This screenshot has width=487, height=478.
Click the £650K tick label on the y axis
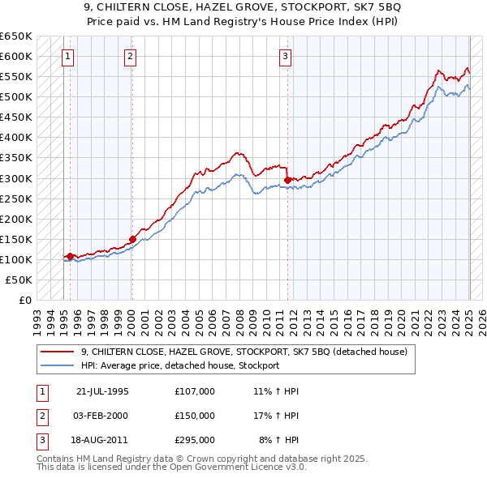(16, 36)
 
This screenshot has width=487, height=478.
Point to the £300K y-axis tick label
(16, 178)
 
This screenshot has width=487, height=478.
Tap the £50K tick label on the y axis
(19, 280)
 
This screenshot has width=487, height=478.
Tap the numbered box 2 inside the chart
(130, 57)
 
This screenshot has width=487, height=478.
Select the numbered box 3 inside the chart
(286, 57)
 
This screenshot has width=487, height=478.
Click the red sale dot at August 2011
(287, 180)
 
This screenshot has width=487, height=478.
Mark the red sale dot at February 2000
(132, 239)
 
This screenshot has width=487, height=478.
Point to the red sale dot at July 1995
(71, 256)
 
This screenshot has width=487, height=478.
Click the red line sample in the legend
(58, 352)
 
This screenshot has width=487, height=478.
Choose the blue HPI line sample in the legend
(58, 365)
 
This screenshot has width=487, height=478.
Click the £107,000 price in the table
(195, 391)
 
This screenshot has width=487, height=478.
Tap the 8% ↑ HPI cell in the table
(279, 440)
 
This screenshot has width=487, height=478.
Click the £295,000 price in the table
(195, 440)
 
